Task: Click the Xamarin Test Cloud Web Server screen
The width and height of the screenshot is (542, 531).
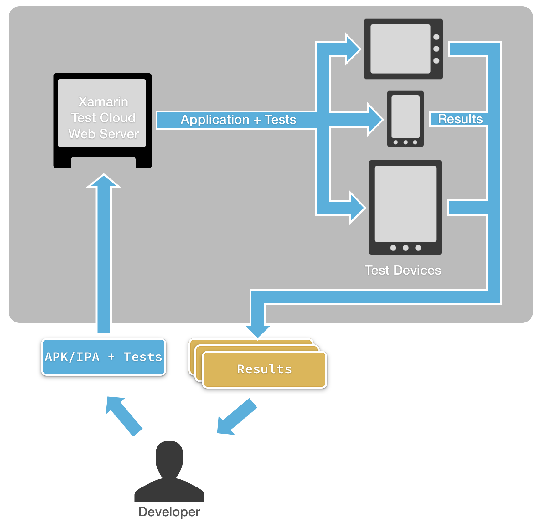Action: click(102, 113)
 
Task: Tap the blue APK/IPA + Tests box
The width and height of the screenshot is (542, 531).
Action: click(104, 357)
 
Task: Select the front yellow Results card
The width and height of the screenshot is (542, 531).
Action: click(265, 369)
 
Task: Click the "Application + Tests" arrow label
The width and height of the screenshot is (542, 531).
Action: click(238, 120)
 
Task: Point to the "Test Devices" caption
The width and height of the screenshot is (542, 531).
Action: click(403, 270)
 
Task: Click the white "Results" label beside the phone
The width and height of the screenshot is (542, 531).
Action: click(460, 119)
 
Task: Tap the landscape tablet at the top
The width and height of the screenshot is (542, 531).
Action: click(403, 49)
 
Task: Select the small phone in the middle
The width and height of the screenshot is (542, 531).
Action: click(405, 119)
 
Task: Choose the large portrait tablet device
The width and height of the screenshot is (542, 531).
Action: click(405, 207)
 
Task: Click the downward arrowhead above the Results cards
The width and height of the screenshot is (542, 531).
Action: click(258, 331)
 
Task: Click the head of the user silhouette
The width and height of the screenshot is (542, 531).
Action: click(169, 457)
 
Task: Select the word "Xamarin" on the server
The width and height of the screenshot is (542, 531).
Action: click(103, 102)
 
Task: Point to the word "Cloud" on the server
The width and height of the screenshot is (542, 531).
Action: click(117, 118)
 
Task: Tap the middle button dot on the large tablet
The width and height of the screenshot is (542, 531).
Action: click(405, 248)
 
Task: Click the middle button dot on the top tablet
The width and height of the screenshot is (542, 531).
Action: click(436, 49)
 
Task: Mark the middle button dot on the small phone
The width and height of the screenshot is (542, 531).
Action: click(405, 142)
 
